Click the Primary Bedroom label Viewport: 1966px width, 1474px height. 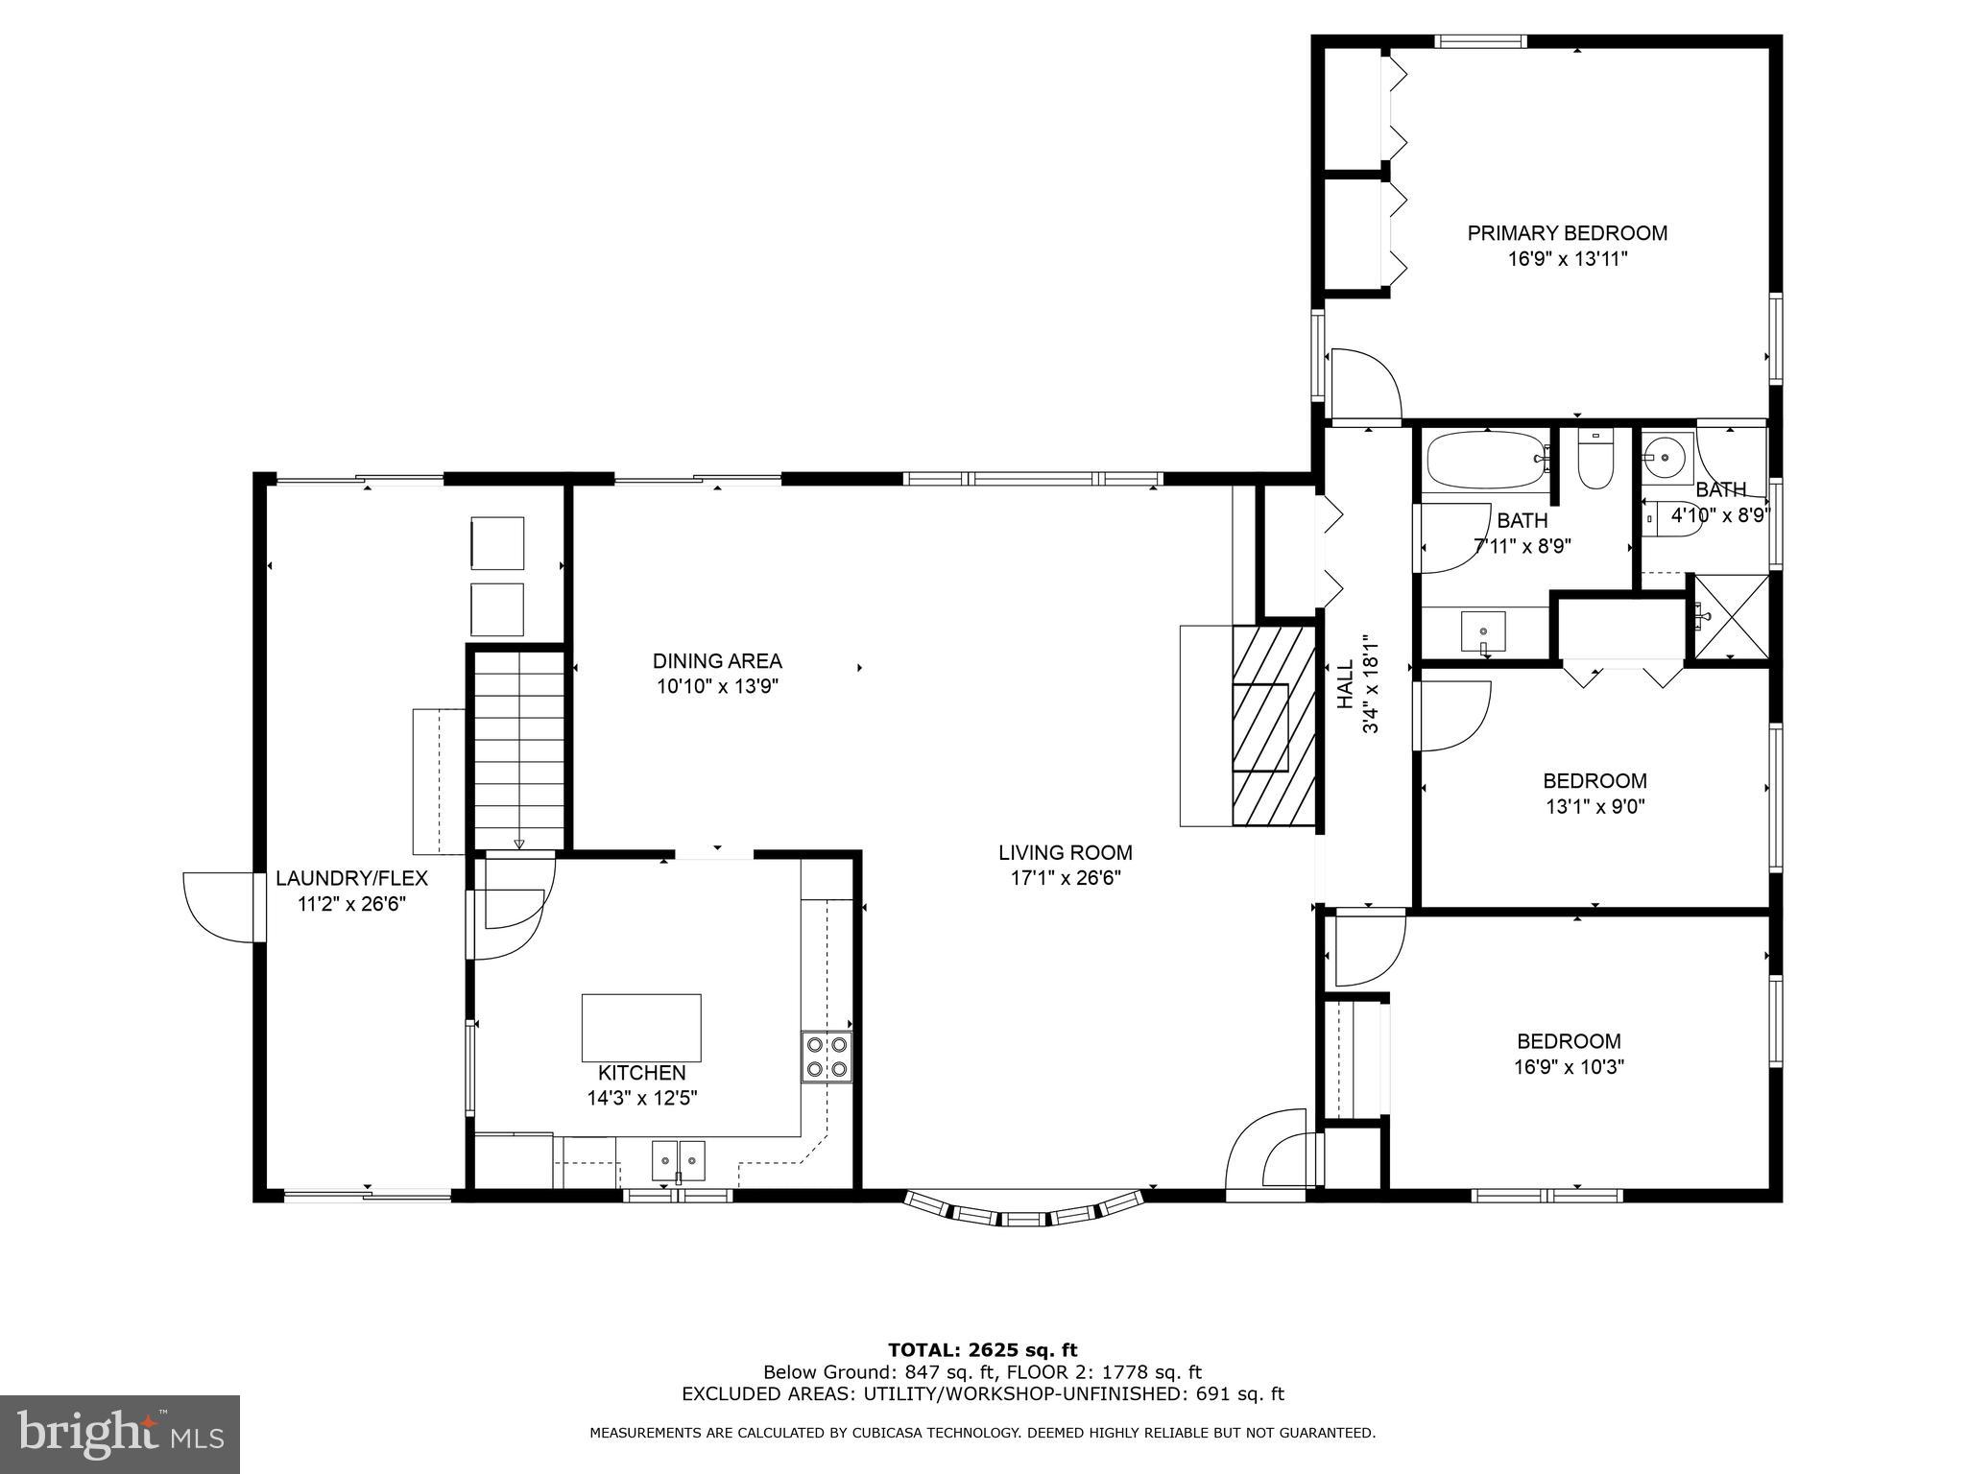1567,233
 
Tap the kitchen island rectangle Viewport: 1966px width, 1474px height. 641,1028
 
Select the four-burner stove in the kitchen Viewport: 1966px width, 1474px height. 827,1057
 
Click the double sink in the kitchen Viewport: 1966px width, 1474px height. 678,1160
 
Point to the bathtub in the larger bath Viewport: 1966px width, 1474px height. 1485,462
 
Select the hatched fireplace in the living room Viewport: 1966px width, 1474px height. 1273,725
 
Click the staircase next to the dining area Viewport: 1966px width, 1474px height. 518,749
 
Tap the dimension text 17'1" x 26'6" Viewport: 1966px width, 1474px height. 1065,877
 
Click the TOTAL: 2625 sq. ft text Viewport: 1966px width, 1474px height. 982,1350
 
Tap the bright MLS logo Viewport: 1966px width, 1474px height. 119,1435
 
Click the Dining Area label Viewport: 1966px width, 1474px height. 717,661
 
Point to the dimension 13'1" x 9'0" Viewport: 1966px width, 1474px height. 1594,807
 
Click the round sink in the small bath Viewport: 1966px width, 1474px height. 1664,452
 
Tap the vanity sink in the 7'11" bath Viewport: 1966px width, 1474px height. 1482,631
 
